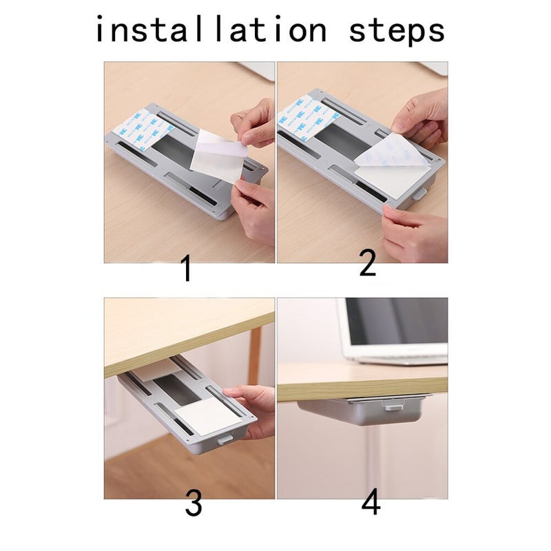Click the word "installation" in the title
tap(211, 30)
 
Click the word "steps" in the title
tap(397, 32)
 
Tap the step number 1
tap(186, 268)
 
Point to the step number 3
tap(194, 503)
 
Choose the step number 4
tap(371, 501)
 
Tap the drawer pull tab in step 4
tap(394, 408)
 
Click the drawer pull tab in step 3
tap(225, 439)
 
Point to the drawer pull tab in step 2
tap(419, 194)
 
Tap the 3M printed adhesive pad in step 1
tap(143, 129)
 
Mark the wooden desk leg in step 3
tap(255, 355)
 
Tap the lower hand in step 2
tap(415, 233)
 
